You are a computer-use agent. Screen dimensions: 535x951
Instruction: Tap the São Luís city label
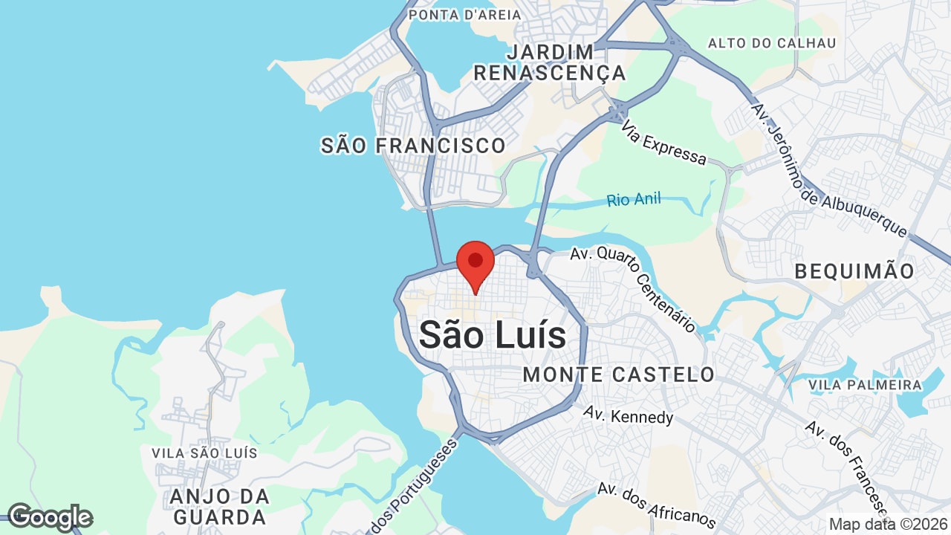pos(493,335)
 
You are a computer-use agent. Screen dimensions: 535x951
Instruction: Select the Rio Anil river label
pos(633,200)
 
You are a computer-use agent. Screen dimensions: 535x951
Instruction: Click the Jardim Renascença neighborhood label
pos(550,62)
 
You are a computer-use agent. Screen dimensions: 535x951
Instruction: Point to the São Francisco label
pos(413,146)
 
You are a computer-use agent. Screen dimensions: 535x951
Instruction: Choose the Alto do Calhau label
pos(772,43)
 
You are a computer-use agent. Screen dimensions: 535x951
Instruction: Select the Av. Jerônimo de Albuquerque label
pos(828,170)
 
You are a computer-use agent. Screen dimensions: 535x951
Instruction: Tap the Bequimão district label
pos(854,271)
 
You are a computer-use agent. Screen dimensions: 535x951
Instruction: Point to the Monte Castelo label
pos(619,374)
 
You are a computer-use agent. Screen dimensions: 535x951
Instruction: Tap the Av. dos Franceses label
pos(847,468)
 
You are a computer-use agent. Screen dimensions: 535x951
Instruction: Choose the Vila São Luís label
pos(204,453)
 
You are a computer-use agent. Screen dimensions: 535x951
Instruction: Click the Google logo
pos(50,517)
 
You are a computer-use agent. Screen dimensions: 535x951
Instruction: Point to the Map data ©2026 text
pos(887,524)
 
